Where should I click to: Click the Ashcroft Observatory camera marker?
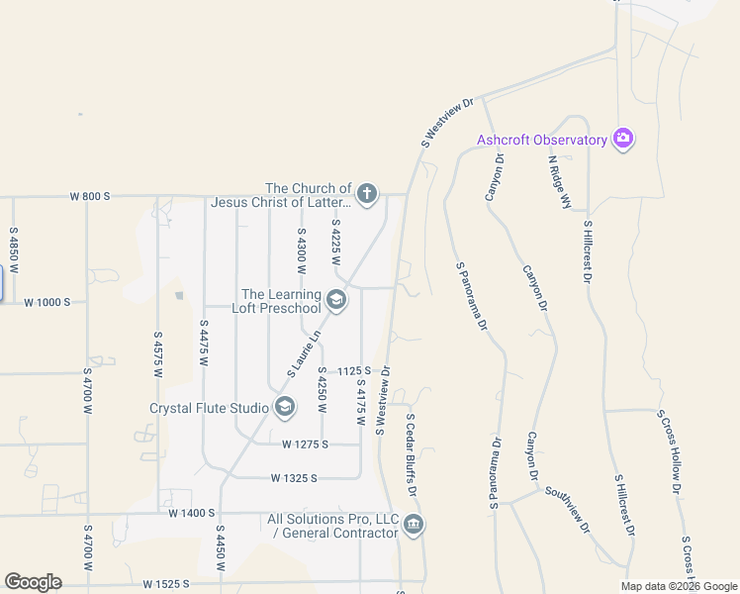pyautogui.click(x=623, y=139)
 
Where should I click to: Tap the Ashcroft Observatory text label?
pyautogui.click(x=541, y=140)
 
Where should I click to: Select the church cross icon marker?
pyautogui.click(x=367, y=194)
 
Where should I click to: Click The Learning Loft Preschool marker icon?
pyautogui.click(x=336, y=300)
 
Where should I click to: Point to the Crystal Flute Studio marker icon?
pyautogui.click(x=285, y=407)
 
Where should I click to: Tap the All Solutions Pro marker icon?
pyautogui.click(x=413, y=525)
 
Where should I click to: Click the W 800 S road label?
pyautogui.click(x=89, y=196)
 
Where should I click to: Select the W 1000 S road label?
pyautogui.click(x=46, y=301)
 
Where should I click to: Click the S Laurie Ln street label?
pyautogui.click(x=306, y=353)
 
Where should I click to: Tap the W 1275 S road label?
pyautogui.click(x=305, y=445)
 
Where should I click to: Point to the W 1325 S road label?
pyautogui.click(x=293, y=478)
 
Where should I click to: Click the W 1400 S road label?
pyautogui.click(x=191, y=513)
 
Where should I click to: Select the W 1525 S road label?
pyautogui.click(x=165, y=585)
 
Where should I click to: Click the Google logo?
pyautogui.click(x=33, y=582)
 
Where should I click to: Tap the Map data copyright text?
pyautogui.click(x=679, y=586)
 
